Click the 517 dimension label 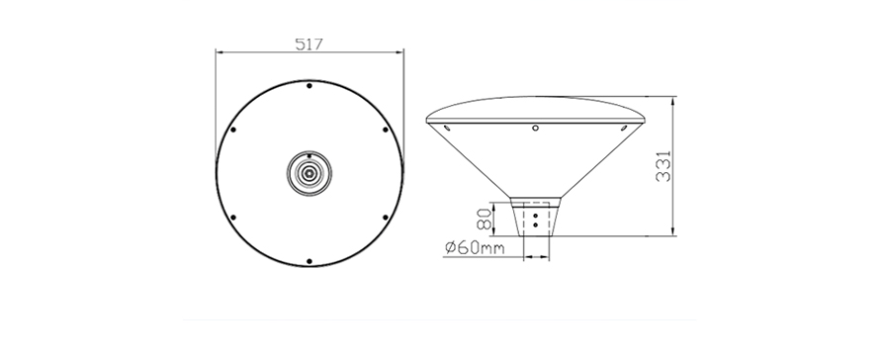click(309, 45)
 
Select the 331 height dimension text click(664, 166)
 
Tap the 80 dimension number click(485, 219)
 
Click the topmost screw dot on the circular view click(309, 86)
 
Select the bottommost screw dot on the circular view click(309, 261)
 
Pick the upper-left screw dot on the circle click(233, 130)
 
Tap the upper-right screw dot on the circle click(386, 130)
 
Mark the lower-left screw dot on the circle click(233, 218)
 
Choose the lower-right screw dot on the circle click(386, 218)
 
